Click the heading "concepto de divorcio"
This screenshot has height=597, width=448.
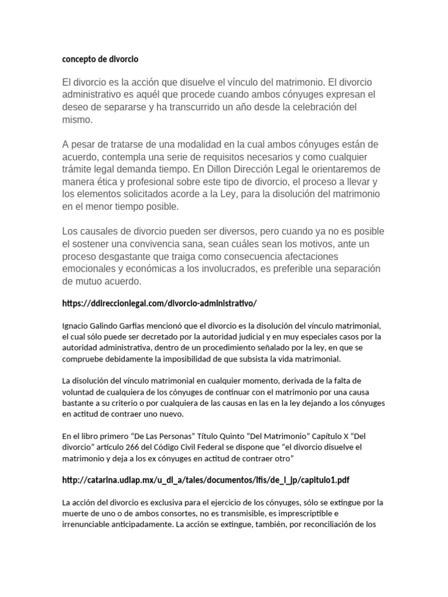click(100, 59)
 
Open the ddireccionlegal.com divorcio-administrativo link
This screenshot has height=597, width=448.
click(159, 303)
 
